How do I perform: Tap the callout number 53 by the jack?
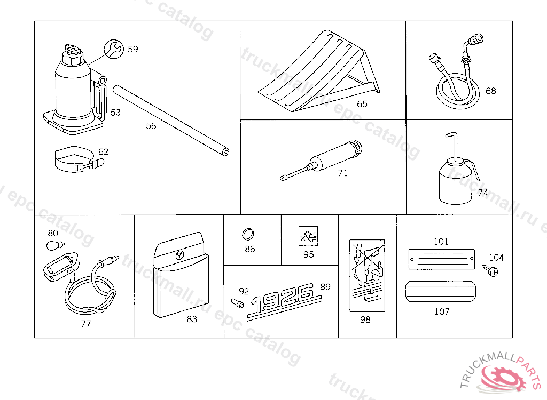click(115, 113)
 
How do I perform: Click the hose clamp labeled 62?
click(77, 161)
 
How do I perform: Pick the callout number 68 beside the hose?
click(490, 91)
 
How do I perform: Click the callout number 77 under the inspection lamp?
click(85, 324)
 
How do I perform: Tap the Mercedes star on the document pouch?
click(181, 255)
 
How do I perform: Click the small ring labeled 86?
click(249, 234)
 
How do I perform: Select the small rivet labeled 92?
click(237, 305)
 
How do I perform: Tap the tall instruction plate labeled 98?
click(366, 275)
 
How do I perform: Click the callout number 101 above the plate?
click(441, 242)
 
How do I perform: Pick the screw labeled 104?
click(492, 271)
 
